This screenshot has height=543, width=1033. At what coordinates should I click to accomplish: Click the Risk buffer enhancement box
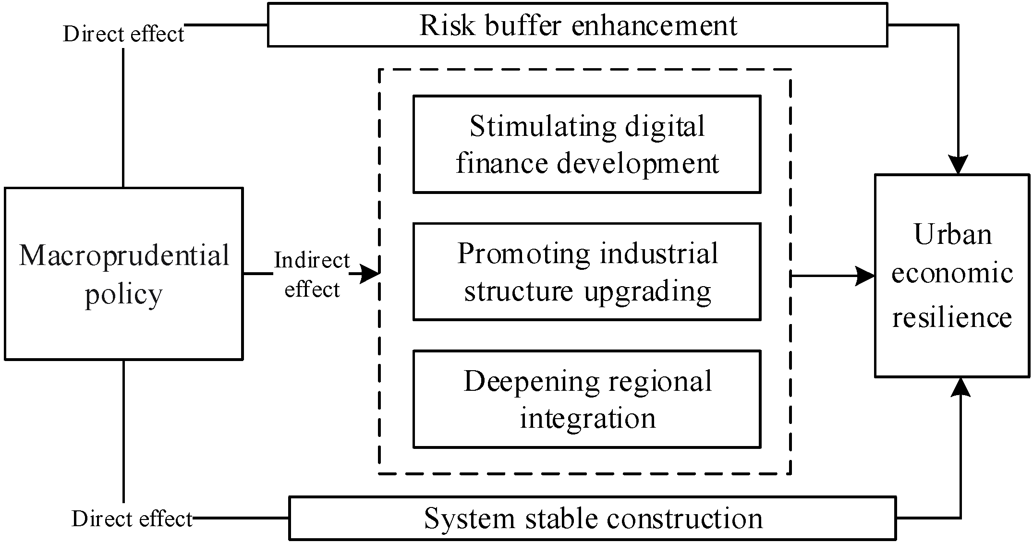(577, 25)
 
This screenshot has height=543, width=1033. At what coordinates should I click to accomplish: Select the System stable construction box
(593, 519)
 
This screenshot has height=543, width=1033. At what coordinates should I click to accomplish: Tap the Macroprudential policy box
(123, 274)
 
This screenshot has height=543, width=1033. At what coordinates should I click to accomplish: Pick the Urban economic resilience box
(952, 276)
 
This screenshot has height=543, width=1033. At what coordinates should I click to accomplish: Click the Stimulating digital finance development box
(587, 145)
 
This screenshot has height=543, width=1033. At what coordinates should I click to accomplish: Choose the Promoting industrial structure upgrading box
(587, 272)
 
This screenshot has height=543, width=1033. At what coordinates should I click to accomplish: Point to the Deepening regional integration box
(587, 399)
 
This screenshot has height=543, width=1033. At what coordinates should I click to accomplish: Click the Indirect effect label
(312, 275)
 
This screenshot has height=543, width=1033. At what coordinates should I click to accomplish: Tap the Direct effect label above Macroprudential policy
(123, 34)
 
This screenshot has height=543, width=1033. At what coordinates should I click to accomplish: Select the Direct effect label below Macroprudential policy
(132, 519)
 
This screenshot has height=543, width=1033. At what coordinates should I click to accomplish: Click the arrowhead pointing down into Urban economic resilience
(958, 166)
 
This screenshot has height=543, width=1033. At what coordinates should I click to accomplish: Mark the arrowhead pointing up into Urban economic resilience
(960, 387)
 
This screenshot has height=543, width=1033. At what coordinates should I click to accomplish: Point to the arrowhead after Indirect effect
(370, 274)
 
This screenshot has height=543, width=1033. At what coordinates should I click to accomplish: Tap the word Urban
(953, 235)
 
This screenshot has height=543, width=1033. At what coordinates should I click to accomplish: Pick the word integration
(587, 418)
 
